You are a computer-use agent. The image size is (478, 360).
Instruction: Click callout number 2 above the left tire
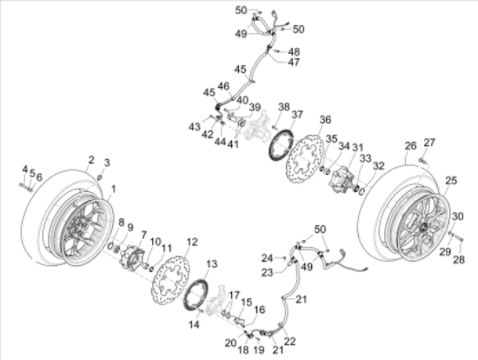(x=90, y=159)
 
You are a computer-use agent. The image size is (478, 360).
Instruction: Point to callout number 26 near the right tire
(x=409, y=147)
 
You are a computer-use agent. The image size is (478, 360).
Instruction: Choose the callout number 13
(x=211, y=263)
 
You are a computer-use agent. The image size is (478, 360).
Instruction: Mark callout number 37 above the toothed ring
(x=296, y=114)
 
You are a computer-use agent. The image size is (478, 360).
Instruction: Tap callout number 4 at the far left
(x=24, y=169)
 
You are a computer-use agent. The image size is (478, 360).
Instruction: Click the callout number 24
(x=268, y=257)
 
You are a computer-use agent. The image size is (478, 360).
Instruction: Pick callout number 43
(x=193, y=127)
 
